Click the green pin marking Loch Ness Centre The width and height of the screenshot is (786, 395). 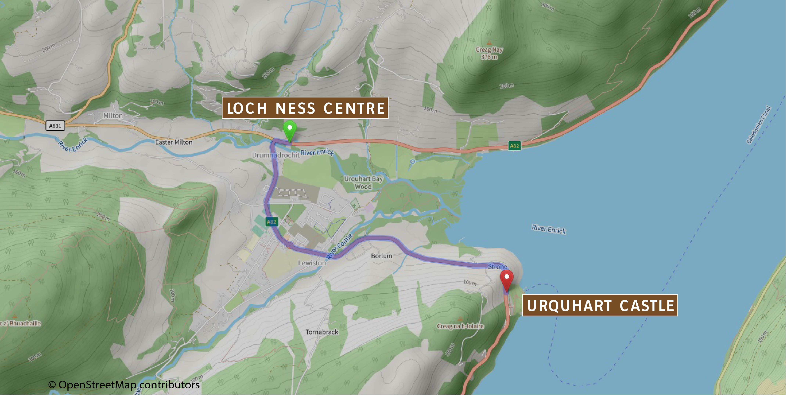pyautogui.click(x=289, y=130)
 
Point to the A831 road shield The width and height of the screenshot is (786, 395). pyautogui.click(x=55, y=126)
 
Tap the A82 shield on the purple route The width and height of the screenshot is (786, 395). pyautogui.click(x=271, y=222)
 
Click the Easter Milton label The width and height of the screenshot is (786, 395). pyautogui.click(x=174, y=142)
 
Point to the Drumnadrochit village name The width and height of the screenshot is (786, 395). pyautogui.click(x=275, y=155)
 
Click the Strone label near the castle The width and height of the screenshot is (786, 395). pyautogui.click(x=497, y=267)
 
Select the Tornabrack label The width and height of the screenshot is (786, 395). pyautogui.click(x=322, y=332)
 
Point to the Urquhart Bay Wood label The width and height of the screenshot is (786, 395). pyautogui.click(x=363, y=182)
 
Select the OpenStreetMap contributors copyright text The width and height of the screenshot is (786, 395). pyautogui.click(x=124, y=385)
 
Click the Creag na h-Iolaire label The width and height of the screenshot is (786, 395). pyautogui.click(x=460, y=326)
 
